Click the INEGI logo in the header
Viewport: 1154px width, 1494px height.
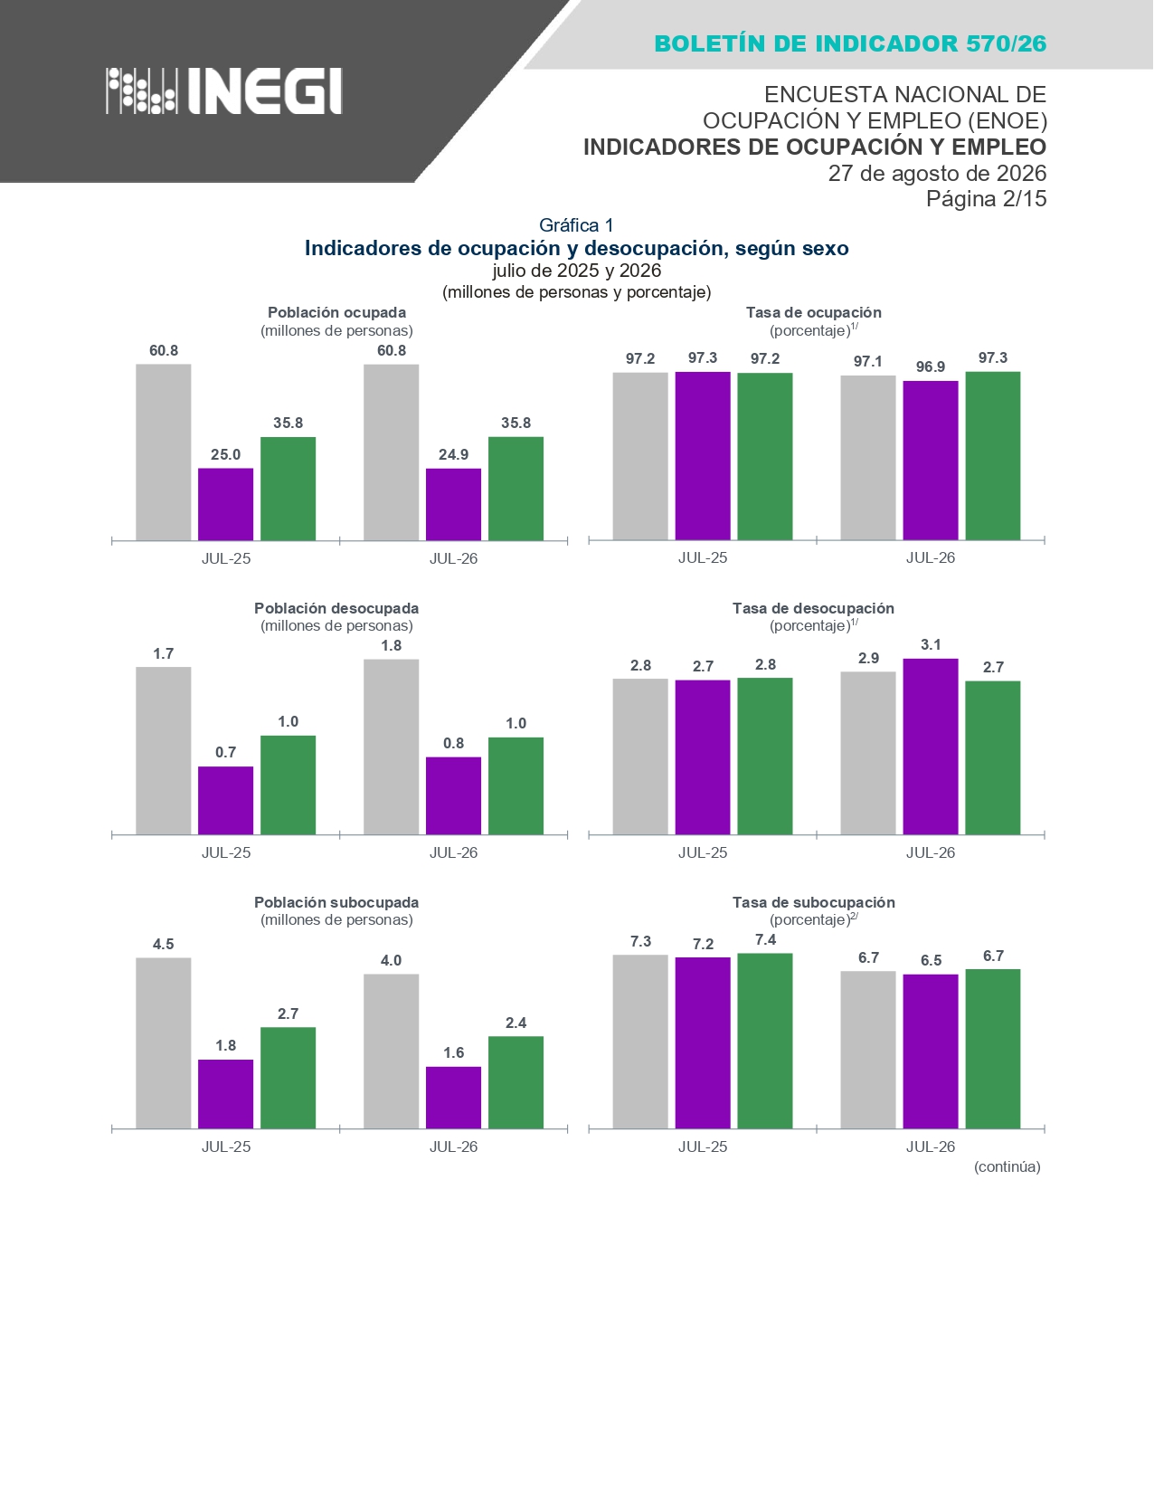[224, 90]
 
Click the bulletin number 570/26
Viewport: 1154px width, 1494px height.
[1007, 43]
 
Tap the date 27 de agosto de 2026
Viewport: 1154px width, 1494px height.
[937, 173]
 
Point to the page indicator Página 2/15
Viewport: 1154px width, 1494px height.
[986, 199]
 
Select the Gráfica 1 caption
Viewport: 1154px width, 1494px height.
[575, 224]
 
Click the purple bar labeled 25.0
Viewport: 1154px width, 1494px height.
[225, 504]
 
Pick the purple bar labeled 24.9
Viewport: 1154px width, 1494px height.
[453, 504]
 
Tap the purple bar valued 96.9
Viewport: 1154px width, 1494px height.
[930, 460]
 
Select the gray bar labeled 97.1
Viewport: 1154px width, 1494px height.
[867, 457]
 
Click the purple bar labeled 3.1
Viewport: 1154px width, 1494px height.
[930, 747]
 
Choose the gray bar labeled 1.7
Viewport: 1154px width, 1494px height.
[163, 751]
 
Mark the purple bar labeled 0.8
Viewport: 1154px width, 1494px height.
[453, 795]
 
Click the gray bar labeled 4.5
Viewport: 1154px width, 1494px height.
[163, 1043]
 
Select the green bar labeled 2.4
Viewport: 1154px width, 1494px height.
[516, 1082]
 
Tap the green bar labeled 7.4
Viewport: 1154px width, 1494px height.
[764, 1041]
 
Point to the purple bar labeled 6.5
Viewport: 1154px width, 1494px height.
[930, 1052]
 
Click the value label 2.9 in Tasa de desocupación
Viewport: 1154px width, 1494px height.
[868, 658]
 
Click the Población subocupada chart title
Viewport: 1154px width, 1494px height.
[336, 902]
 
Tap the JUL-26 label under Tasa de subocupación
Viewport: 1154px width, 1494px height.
[930, 1147]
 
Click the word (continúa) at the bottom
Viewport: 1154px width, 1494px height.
[1007, 1166]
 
